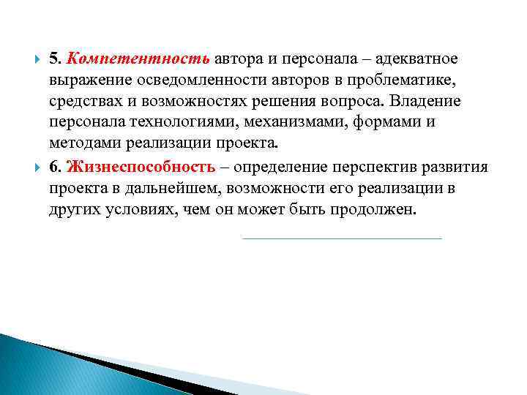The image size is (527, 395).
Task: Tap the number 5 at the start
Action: [x=53, y=58]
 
